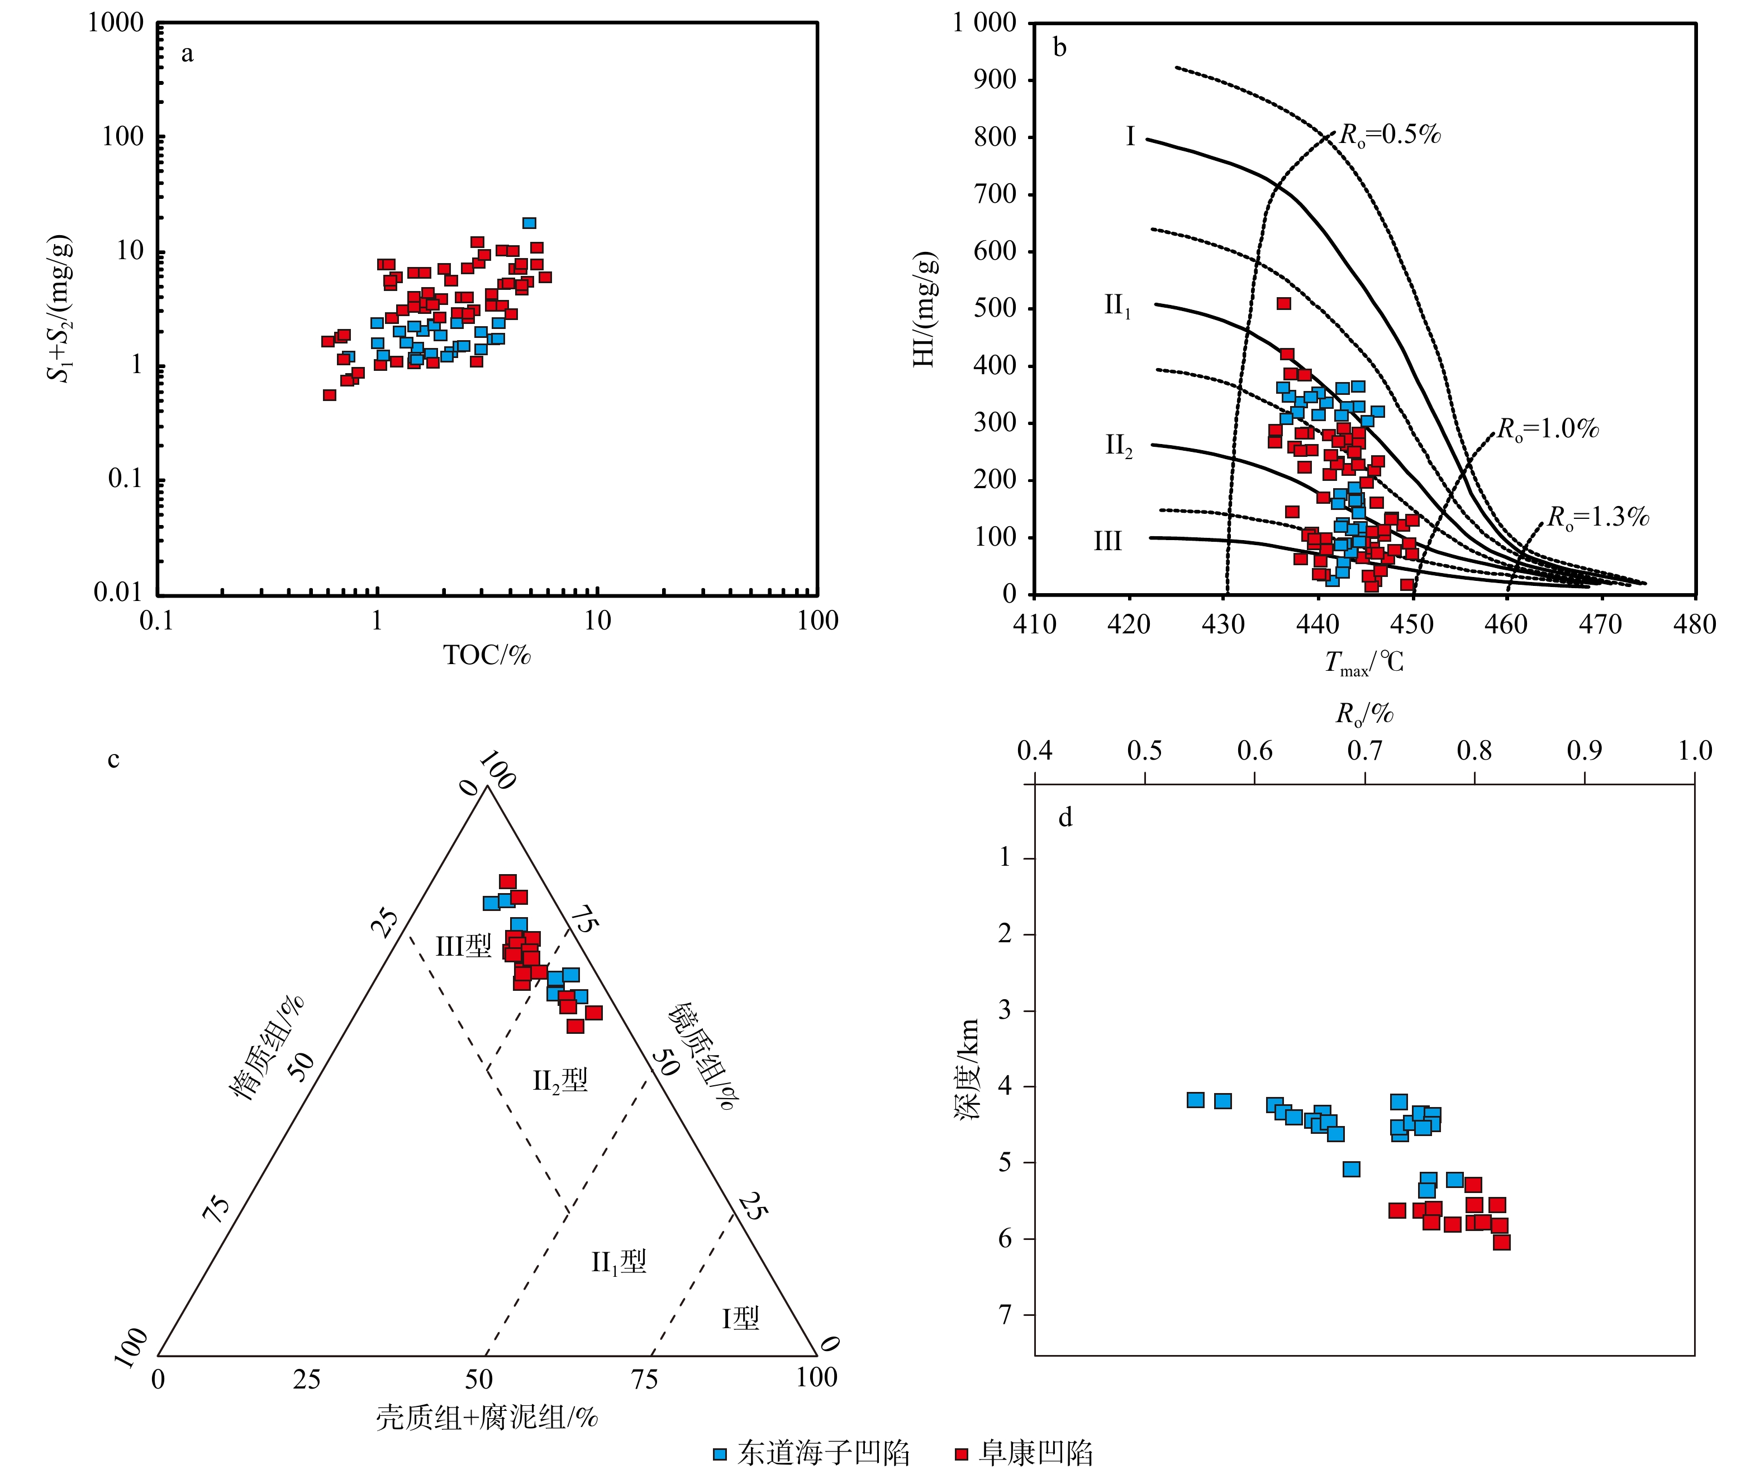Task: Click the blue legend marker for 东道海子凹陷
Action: [720, 1454]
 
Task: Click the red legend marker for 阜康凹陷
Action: [961, 1454]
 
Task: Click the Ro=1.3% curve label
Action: [1597, 517]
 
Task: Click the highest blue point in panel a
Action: [529, 223]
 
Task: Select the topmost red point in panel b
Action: [1284, 303]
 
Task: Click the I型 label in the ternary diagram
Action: [741, 1319]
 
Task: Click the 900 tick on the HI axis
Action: [995, 80]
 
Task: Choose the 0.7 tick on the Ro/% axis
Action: [1364, 751]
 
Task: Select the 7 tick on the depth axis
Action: [1005, 1315]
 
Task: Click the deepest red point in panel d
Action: [1502, 1242]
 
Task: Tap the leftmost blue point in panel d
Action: [1196, 1099]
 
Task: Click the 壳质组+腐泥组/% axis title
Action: [486, 1418]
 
